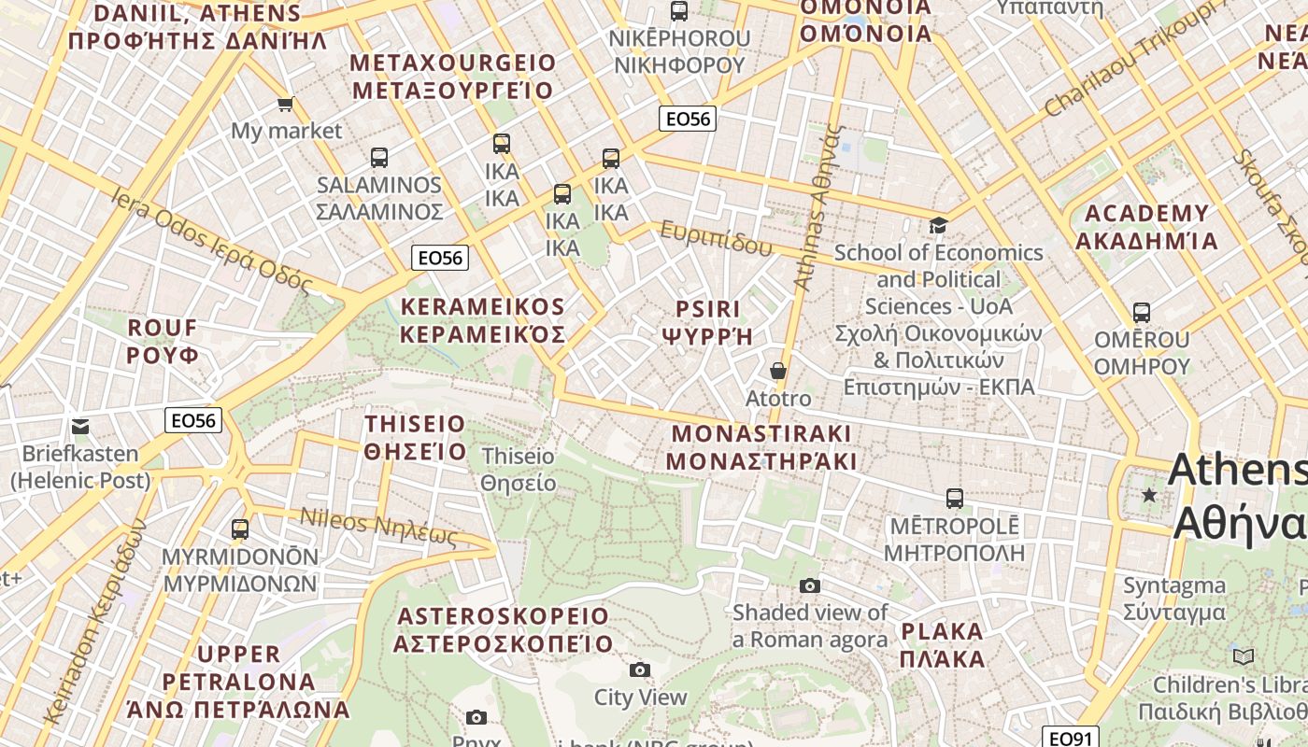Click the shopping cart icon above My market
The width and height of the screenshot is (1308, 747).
[285, 104]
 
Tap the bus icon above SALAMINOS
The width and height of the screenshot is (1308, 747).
[378, 158]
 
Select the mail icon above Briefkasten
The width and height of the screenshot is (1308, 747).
[80, 427]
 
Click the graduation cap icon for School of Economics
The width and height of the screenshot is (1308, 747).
[938, 225]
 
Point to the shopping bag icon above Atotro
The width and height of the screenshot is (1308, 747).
[777, 372]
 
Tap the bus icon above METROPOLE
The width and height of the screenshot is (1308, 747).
[954, 499]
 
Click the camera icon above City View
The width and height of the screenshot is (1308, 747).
[640, 669]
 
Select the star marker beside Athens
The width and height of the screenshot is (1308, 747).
[1149, 495]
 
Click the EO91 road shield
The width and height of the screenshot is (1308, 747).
[1070, 739]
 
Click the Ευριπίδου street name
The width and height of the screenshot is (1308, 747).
[717, 239]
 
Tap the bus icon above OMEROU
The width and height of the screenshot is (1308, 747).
[1141, 313]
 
